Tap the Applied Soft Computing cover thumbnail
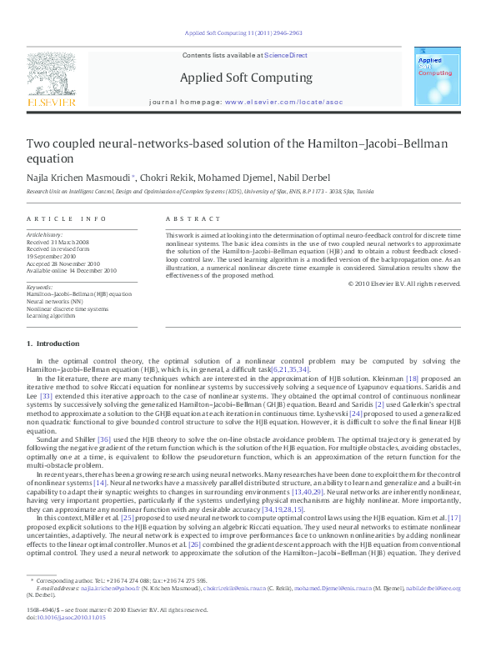[437, 76]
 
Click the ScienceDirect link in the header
[286, 56]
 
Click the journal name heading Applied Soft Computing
[246, 78]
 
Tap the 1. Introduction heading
[53, 344]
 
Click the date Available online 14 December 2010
[72, 271]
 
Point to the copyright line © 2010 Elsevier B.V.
[403, 283]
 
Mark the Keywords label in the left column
[40, 287]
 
